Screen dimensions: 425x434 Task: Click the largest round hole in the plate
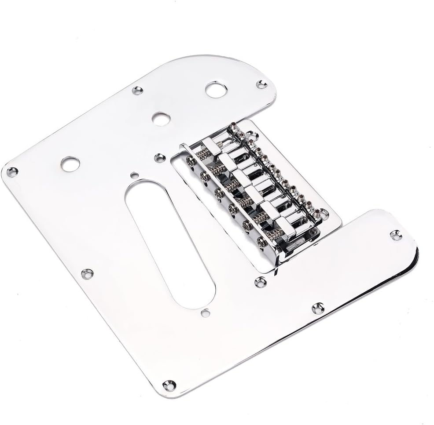point(214,90)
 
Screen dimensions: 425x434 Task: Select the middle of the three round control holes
point(161,118)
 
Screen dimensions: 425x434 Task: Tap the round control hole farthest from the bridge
point(70,164)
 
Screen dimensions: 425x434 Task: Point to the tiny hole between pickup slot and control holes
point(133,174)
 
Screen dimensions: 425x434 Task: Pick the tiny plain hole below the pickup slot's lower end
point(205,313)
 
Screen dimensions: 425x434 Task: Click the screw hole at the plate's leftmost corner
point(12,172)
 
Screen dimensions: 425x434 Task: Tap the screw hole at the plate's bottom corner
point(169,385)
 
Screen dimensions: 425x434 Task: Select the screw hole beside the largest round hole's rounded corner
point(262,84)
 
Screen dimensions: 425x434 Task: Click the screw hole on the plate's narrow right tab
point(396,236)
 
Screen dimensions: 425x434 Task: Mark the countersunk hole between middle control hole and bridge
point(160,157)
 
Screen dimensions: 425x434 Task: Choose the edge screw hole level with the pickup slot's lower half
point(87,274)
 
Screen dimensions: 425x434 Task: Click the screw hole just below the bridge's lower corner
point(261,282)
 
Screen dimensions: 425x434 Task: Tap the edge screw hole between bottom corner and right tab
point(317,308)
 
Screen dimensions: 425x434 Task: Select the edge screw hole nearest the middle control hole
point(137,91)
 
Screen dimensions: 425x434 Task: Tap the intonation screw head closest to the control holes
point(191,161)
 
